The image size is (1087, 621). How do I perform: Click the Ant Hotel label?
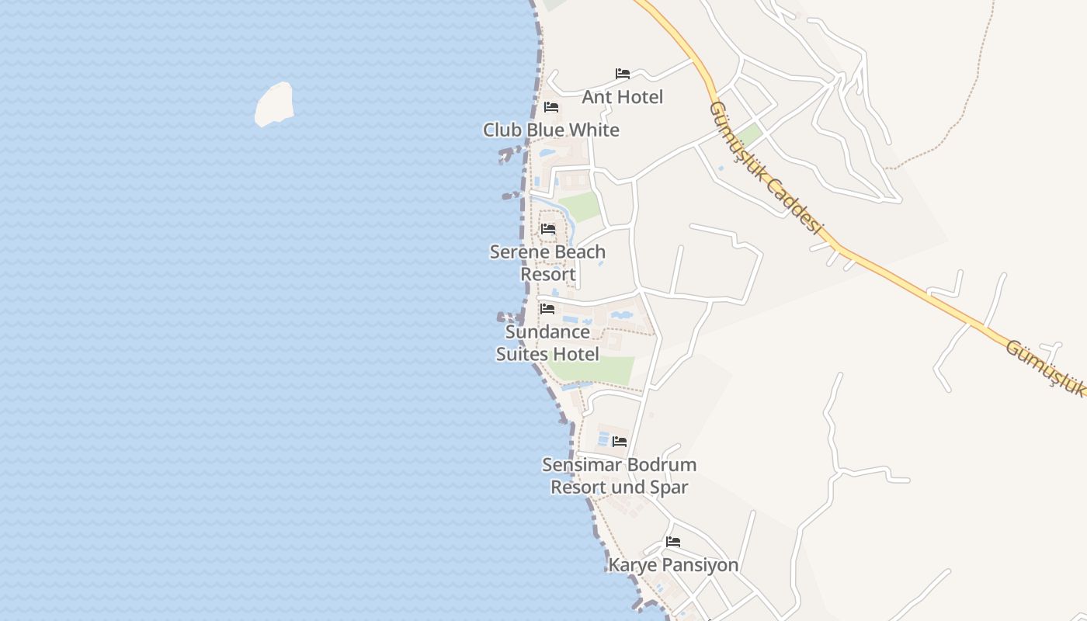tap(623, 97)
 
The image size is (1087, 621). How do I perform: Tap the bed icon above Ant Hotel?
tap(623, 74)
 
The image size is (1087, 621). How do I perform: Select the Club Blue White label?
tap(551, 130)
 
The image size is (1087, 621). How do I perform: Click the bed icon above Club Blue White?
tap(551, 107)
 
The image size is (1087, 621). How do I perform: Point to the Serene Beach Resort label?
tap(547, 263)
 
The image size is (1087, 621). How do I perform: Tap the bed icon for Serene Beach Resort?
tap(548, 229)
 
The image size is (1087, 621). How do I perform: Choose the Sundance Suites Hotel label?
tap(547, 343)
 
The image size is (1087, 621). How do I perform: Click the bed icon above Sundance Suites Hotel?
tap(547, 309)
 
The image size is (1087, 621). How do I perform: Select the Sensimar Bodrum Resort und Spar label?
tap(619, 476)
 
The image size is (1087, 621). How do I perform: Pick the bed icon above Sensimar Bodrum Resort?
tap(620, 442)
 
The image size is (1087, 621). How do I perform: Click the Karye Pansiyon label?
tap(673, 564)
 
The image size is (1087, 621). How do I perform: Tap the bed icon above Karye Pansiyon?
tap(673, 542)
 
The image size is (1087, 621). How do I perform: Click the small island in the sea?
tap(274, 104)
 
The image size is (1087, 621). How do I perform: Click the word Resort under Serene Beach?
tap(548, 274)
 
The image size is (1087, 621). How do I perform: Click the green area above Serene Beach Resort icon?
tap(580, 206)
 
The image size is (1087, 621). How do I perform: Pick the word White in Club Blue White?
tap(593, 130)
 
